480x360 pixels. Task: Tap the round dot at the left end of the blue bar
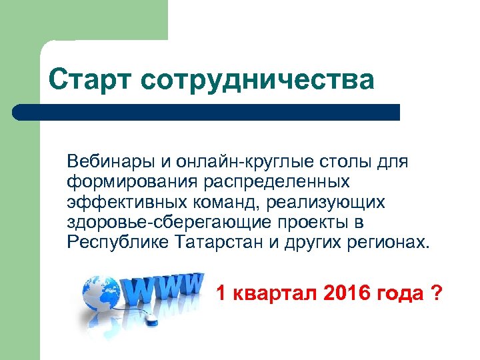point(19,112)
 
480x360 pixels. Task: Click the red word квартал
point(273,293)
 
